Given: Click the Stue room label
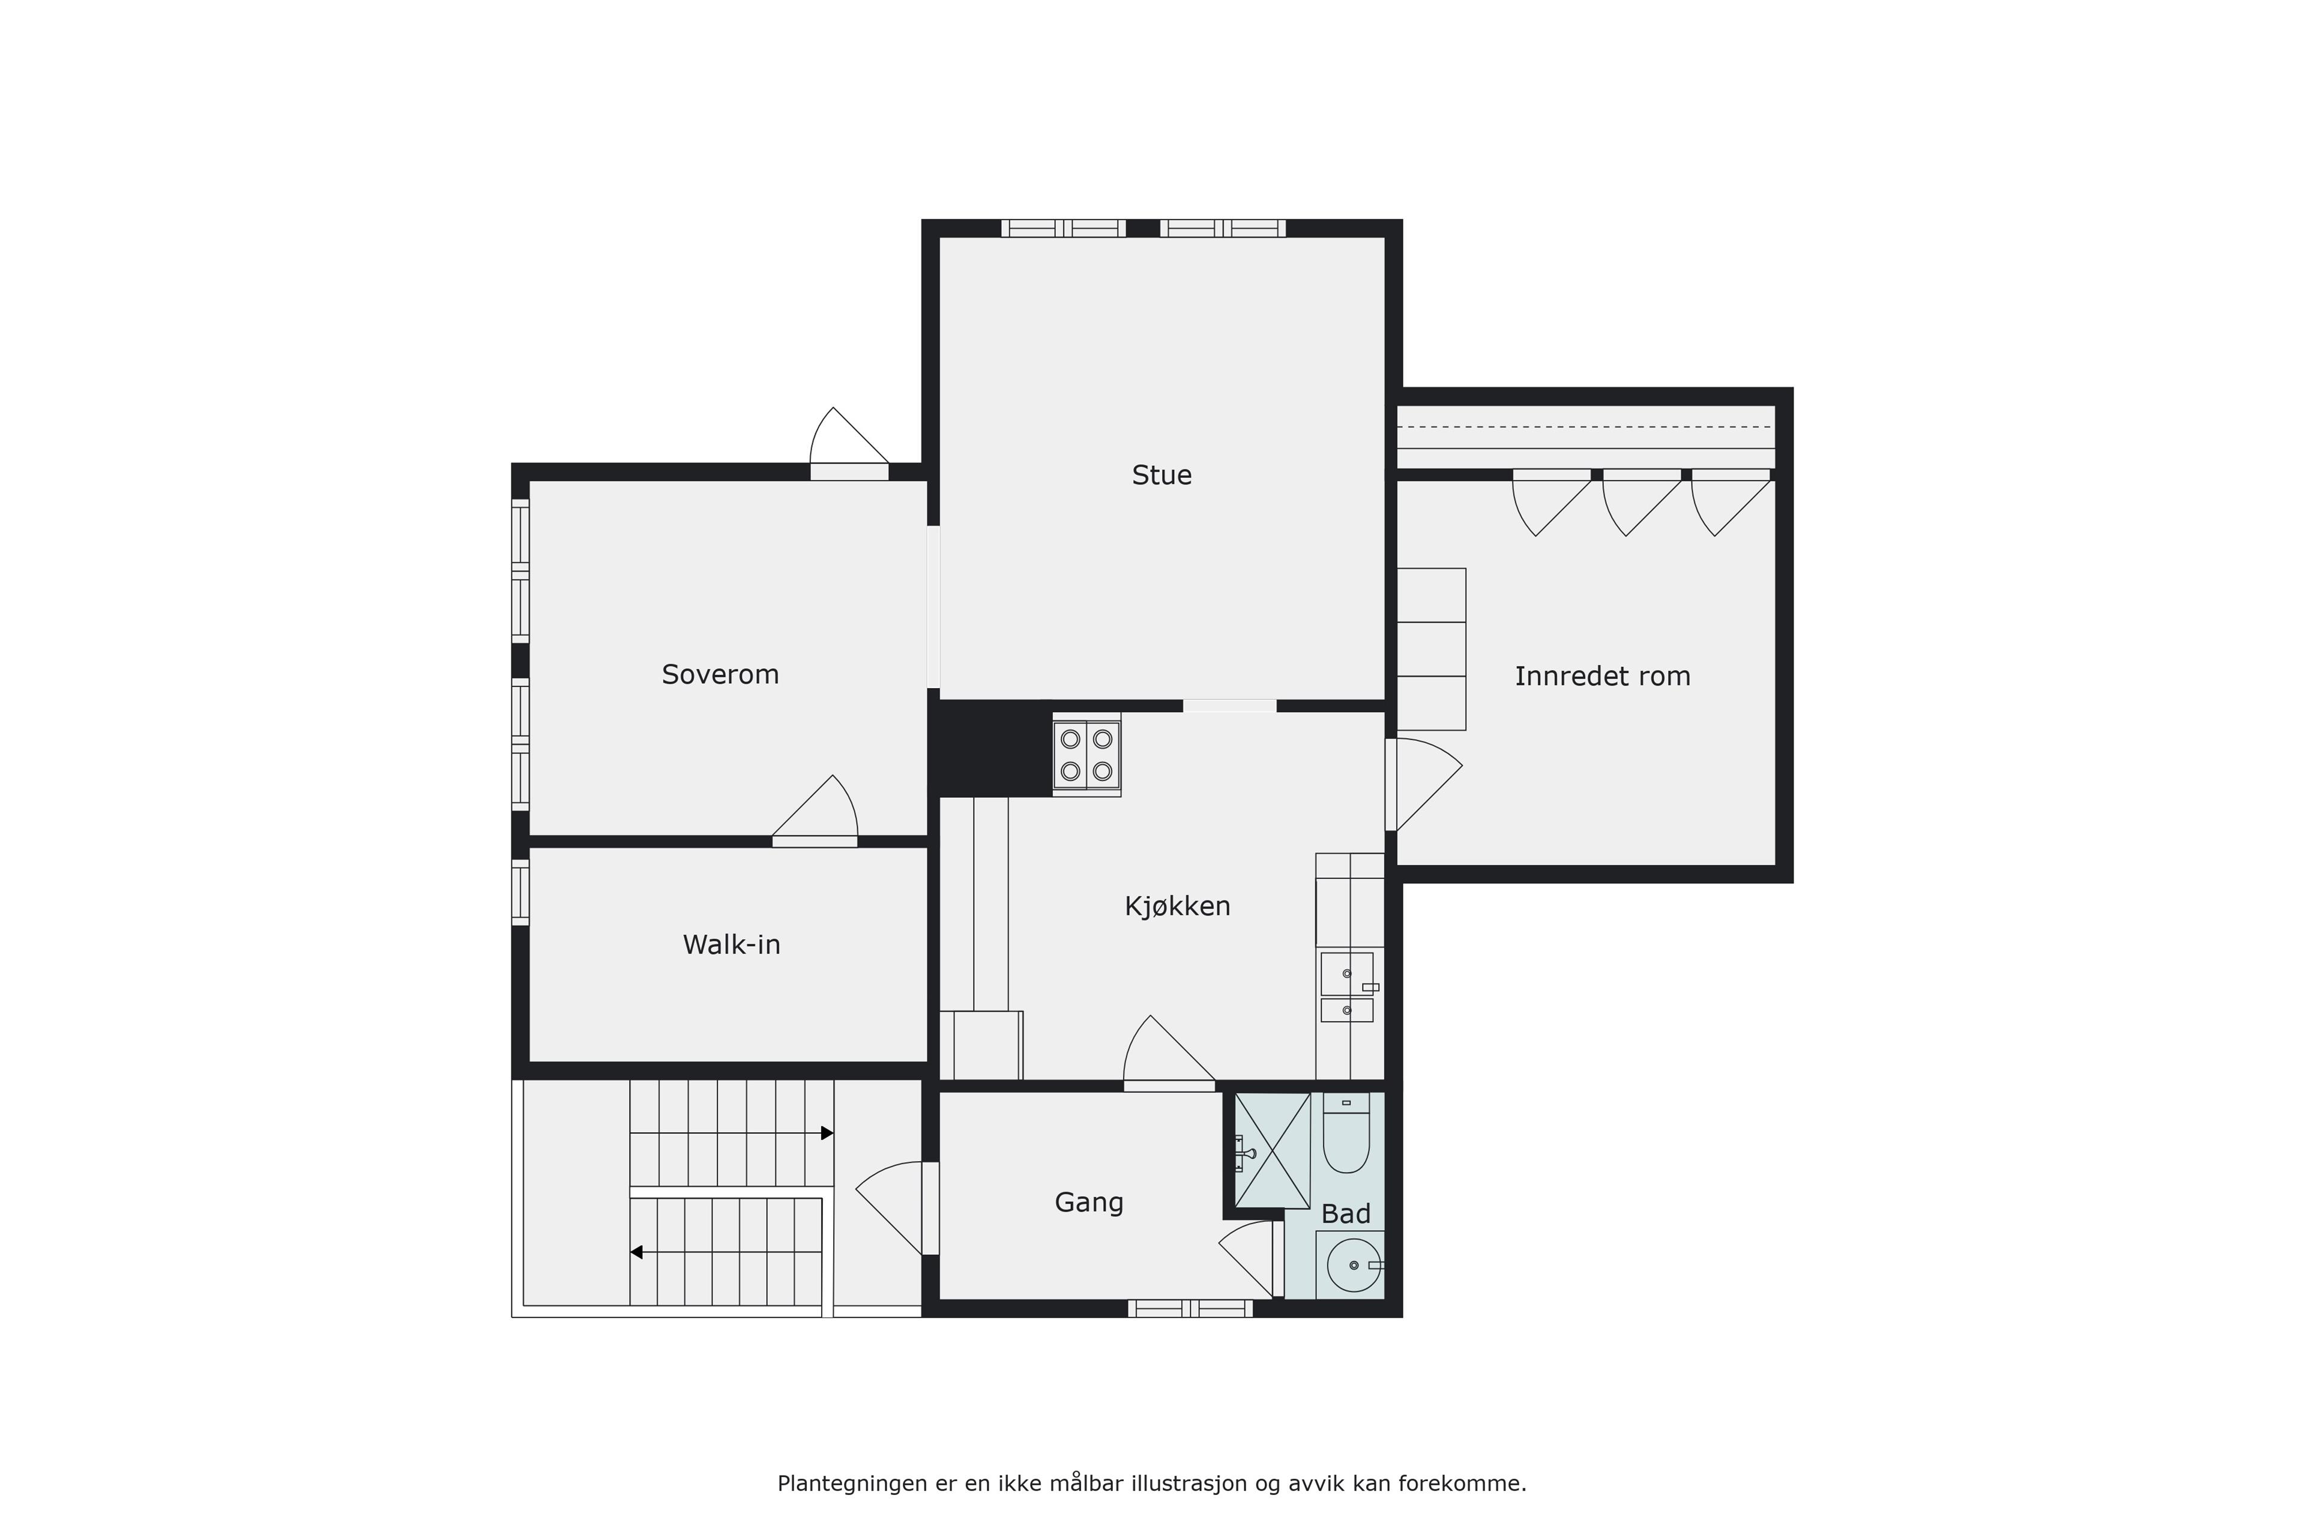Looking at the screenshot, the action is pyautogui.click(x=1162, y=476).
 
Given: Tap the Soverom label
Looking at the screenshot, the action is pyautogui.click(x=720, y=674).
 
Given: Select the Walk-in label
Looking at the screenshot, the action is pyautogui.click(x=731, y=945).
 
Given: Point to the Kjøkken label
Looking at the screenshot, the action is pyautogui.click(x=1177, y=906).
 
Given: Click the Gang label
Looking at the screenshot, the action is pyautogui.click(x=1089, y=1203).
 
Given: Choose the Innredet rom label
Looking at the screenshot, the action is pyautogui.click(x=1602, y=677).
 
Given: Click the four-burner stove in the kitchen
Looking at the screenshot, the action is pyautogui.click(x=1087, y=754).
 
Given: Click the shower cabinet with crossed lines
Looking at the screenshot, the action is pyautogui.click(x=1272, y=1150).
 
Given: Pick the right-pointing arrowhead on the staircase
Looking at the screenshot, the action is pyautogui.click(x=827, y=1133).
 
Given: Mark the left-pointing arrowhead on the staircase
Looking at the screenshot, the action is pyautogui.click(x=636, y=1253).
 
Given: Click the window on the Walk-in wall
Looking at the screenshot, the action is pyautogui.click(x=520, y=892).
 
